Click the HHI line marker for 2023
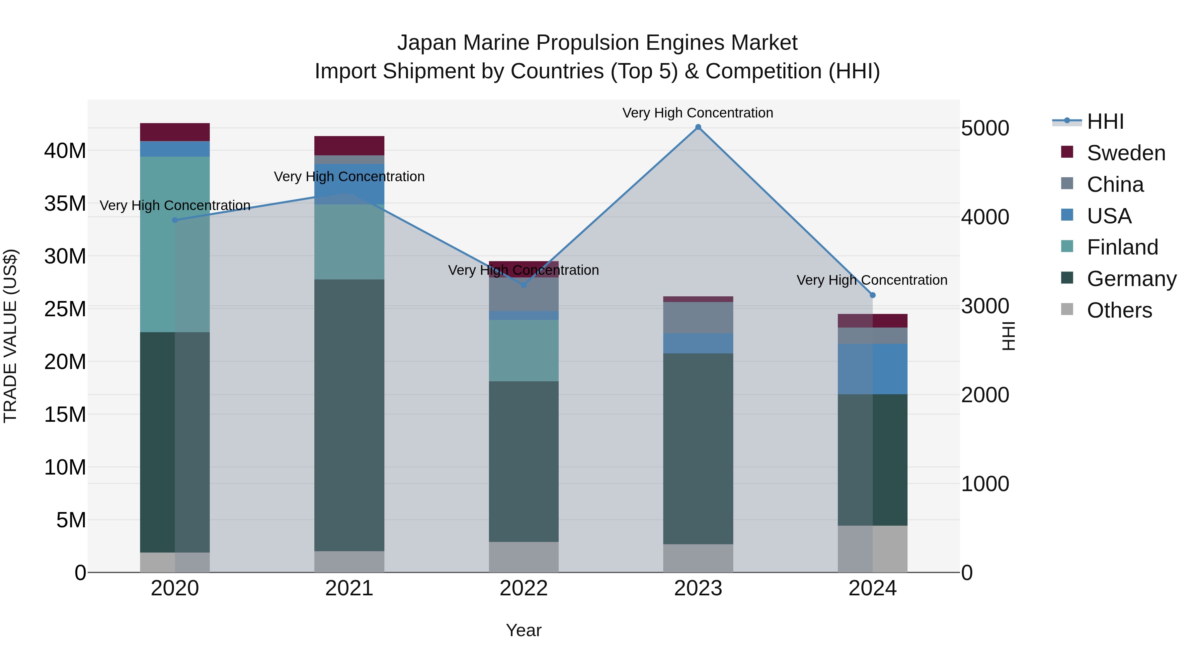698,127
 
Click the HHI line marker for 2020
175,220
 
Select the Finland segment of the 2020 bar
175,244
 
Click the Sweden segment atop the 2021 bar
349,146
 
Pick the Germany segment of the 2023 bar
698,448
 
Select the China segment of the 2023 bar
698,317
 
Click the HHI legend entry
1105,121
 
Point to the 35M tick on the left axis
65,204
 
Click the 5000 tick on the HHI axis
985,128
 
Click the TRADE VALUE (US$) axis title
10,336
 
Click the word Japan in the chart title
427,43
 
